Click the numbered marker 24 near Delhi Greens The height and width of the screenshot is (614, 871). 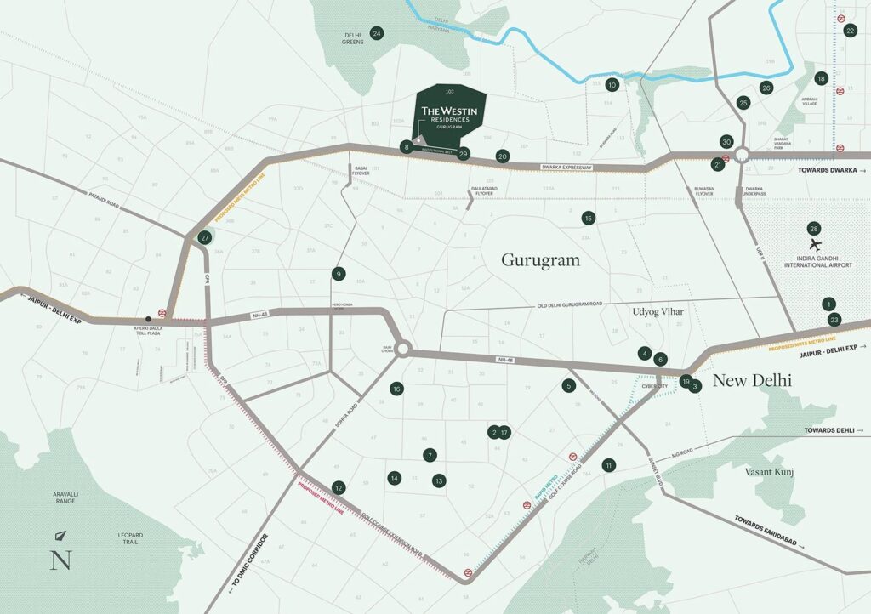pyautogui.click(x=377, y=33)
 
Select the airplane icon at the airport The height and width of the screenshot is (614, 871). pyautogui.click(x=817, y=247)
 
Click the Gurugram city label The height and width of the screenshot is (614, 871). pyautogui.click(x=540, y=259)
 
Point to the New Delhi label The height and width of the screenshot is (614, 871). pyautogui.click(x=752, y=381)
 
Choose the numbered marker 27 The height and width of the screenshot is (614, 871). pyautogui.click(x=204, y=238)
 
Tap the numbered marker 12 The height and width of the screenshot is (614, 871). pyautogui.click(x=339, y=488)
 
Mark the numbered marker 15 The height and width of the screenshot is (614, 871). pyautogui.click(x=588, y=219)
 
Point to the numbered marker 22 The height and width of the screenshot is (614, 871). pyautogui.click(x=850, y=31)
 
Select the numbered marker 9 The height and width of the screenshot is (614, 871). pyautogui.click(x=339, y=274)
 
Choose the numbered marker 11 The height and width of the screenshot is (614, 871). pyautogui.click(x=608, y=465)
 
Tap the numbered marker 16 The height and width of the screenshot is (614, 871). pyautogui.click(x=396, y=389)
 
